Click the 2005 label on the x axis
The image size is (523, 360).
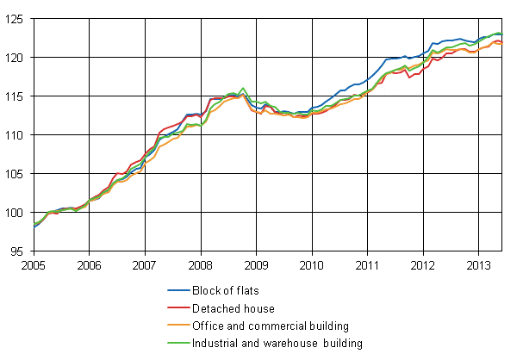click(33, 266)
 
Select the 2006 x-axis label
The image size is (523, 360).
click(89, 266)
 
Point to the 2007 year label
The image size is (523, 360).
click(145, 266)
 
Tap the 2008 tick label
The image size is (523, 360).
click(200, 266)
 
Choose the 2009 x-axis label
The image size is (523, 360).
click(256, 266)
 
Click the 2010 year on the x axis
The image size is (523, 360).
click(312, 266)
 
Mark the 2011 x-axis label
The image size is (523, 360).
click(368, 266)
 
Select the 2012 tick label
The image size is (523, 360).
click(423, 266)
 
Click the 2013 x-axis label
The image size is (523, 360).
click(479, 266)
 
